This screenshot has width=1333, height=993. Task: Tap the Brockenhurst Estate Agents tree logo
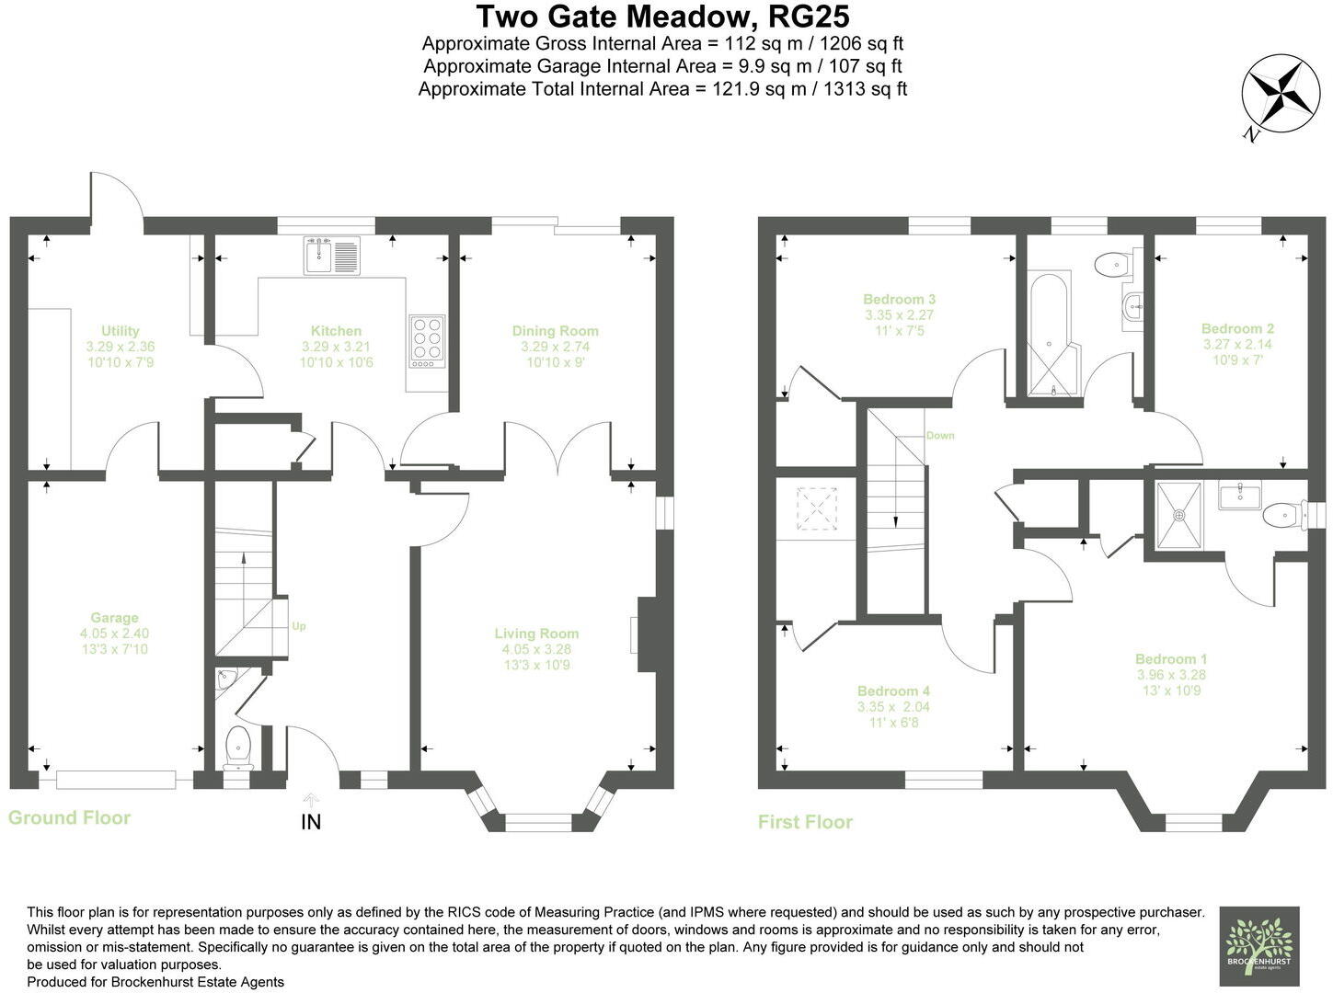pyautogui.click(x=1258, y=947)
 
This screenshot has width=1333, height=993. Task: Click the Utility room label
pyautogui.click(x=121, y=331)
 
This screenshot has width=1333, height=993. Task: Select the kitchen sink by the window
pyautogui.click(x=318, y=255)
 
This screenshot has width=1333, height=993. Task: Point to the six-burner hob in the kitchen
pyautogui.click(x=427, y=342)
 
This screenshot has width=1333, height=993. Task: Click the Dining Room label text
pyautogui.click(x=555, y=331)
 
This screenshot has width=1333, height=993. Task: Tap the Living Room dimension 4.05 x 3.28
pyautogui.click(x=536, y=649)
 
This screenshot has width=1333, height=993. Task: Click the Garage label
pyautogui.click(x=114, y=618)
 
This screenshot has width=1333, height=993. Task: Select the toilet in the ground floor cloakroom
pyautogui.click(x=238, y=745)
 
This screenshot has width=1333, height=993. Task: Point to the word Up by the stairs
pyautogui.click(x=298, y=627)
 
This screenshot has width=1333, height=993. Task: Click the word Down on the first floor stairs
pyautogui.click(x=940, y=436)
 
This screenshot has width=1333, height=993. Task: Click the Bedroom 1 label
pyautogui.click(x=1170, y=659)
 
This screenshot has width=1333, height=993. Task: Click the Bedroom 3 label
pyautogui.click(x=899, y=300)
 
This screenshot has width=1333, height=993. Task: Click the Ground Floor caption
pyautogui.click(x=70, y=817)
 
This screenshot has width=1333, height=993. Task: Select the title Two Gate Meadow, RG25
pyautogui.click(x=662, y=17)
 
